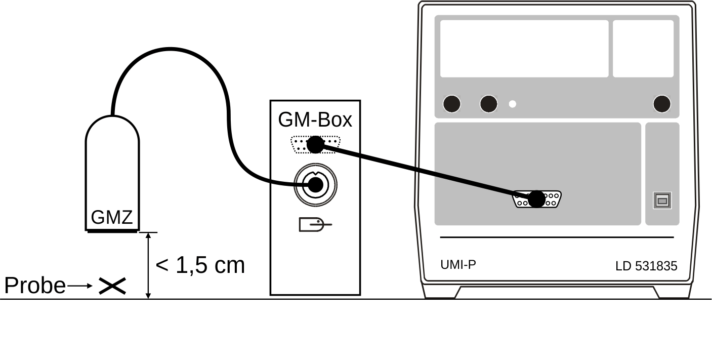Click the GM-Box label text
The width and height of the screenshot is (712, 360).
[315, 121]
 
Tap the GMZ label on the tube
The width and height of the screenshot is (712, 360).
[112, 218]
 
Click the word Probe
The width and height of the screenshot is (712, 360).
[34, 286]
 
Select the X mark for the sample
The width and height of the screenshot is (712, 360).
[112, 286]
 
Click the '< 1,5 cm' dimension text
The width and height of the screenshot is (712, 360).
[200, 265]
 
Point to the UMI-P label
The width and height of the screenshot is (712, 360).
[458, 264]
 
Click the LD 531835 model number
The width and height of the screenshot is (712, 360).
[646, 266]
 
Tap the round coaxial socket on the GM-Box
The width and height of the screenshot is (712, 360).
[315, 185]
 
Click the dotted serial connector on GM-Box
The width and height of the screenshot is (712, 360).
[315, 145]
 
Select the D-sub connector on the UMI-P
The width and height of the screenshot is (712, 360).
[536, 199]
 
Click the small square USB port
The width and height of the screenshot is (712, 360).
[662, 201]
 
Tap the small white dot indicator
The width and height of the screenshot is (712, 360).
[513, 104]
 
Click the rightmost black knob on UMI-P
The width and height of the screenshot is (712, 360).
[662, 104]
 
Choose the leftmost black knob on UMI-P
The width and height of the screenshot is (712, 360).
[452, 104]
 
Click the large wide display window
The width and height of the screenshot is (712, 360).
[524, 49]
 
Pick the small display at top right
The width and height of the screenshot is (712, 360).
[643, 49]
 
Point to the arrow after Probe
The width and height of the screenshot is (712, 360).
[80, 286]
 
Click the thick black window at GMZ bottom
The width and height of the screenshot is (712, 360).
[112, 231]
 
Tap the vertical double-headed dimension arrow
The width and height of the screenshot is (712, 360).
[148, 265]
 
